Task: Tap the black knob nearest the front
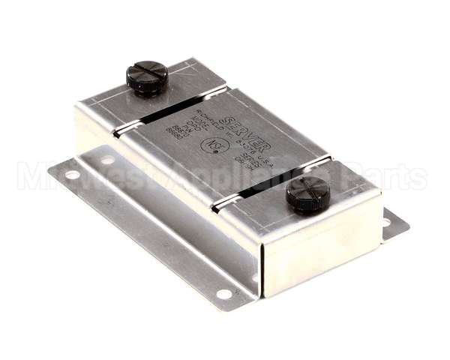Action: pyautogui.click(x=307, y=194)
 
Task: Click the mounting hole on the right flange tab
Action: pyautogui.click(x=385, y=222)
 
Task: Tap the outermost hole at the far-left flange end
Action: pyautogui.click(x=73, y=175)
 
